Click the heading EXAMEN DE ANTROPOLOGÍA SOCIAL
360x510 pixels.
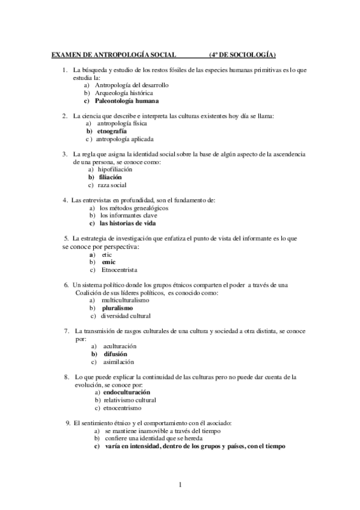114,55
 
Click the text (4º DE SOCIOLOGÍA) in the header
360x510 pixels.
242,55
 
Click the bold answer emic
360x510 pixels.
108,262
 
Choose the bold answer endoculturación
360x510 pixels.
127,392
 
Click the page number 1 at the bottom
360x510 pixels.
180,484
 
